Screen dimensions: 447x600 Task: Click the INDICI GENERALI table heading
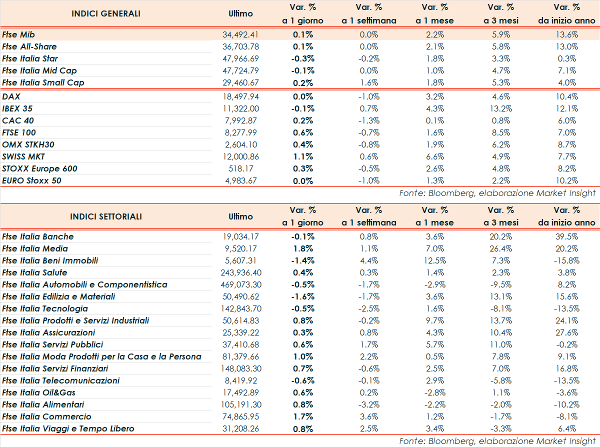click(x=106, y=13)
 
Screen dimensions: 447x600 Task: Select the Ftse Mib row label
click(x=20, y=34)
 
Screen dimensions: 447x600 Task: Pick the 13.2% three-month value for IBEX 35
click(x=500, y=108)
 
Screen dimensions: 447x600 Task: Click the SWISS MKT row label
click(x=23, y=156)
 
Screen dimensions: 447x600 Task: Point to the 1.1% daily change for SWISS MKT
click(x=302, y=156)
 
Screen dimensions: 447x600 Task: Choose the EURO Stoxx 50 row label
click(x=32, y=180)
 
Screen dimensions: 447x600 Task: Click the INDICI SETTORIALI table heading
click(x=106, y=216)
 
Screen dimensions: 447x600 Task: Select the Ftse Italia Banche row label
click(x=38, y=236)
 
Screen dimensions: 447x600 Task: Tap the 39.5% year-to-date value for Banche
click(x=567, y=236)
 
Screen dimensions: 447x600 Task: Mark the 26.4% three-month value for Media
click(x=500, y=248)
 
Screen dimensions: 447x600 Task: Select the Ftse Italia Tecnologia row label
click(x=45, y=308)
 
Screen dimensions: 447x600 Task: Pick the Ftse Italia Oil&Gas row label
click(x=39, y=392)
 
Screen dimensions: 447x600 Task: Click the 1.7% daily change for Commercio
click(x=302, y=416)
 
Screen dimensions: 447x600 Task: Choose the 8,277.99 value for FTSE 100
click(x=241, y=132)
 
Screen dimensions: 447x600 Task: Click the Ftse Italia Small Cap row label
click(x=43, y=82)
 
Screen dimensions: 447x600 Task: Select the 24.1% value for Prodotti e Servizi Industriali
click(x=567, y=320)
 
